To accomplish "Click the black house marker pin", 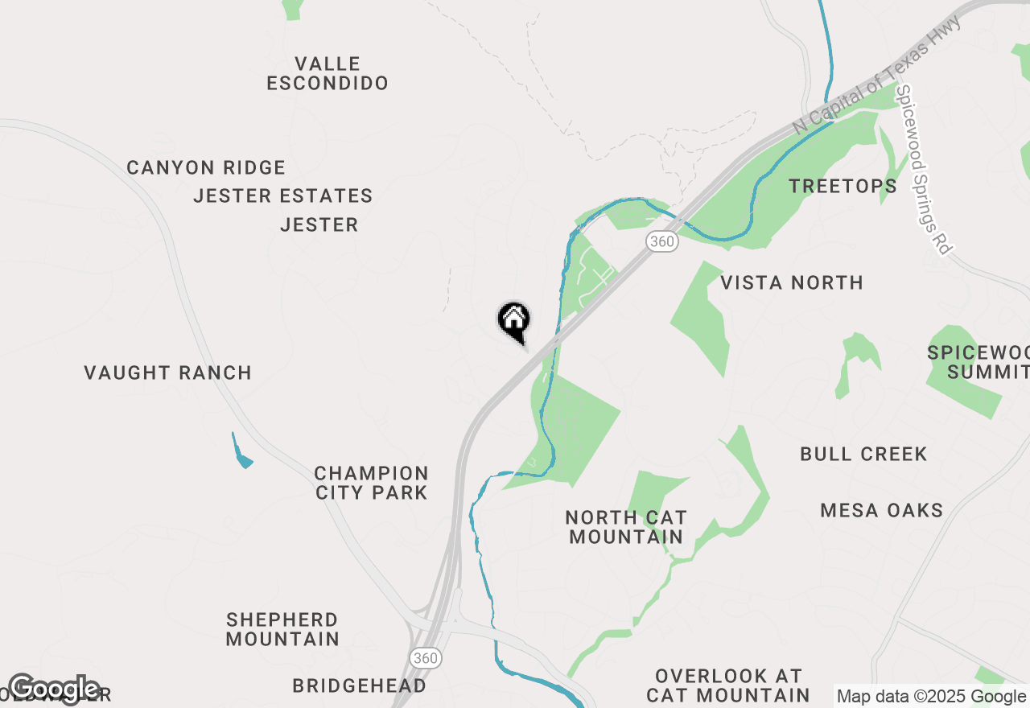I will [513, 320].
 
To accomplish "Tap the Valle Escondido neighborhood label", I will [328, 73].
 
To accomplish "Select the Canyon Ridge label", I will [206, 168].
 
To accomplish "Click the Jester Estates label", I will [283, 196].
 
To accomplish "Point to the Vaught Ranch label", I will [168, 373].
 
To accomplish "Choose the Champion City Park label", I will [372, 483].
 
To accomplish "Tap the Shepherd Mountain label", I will [282, 629].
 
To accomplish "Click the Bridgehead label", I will [360, 685].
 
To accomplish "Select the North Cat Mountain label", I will [626, 527].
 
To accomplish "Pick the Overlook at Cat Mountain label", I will [728, 685].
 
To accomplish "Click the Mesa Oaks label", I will [882, 510].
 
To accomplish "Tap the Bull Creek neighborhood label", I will [863, 454].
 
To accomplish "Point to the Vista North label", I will [792, 282].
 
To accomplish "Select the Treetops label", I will [843, 186].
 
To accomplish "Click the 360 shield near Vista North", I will [661, 241].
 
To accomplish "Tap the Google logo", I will [54, 689].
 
